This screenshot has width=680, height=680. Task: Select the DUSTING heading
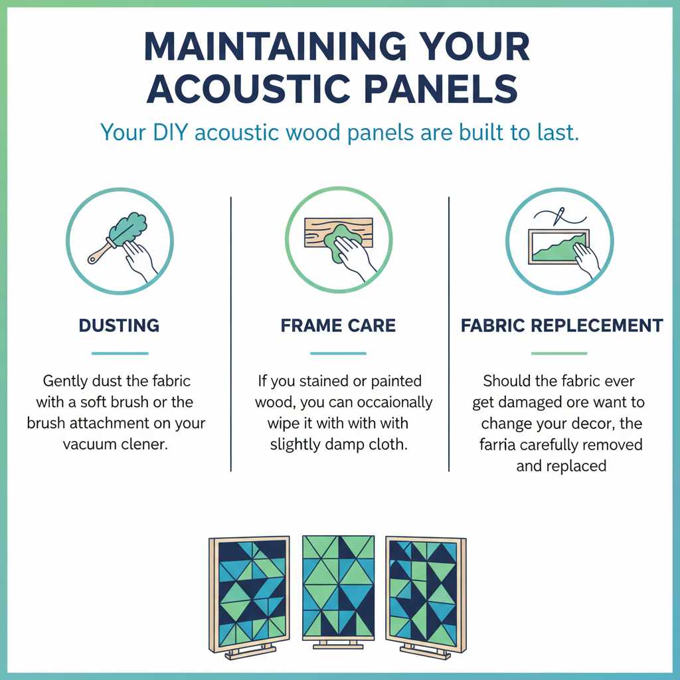pos(119,326)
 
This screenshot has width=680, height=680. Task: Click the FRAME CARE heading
pos(338,326)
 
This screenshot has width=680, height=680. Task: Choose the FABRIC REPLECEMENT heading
pos(562,326)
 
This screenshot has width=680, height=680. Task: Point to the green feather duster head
pos(133,225)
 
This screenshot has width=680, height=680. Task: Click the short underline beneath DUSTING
pos(120,353)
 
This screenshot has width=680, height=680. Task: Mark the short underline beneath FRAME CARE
pos(338,353)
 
